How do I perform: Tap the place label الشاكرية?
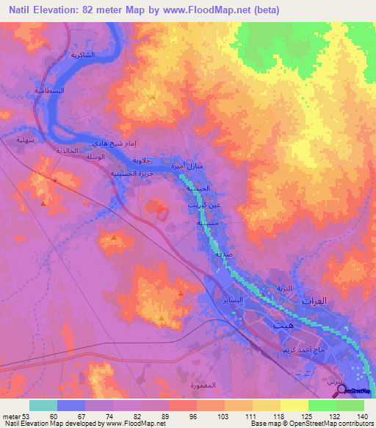click(82, 57)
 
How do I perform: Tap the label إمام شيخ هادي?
click(112, 145)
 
